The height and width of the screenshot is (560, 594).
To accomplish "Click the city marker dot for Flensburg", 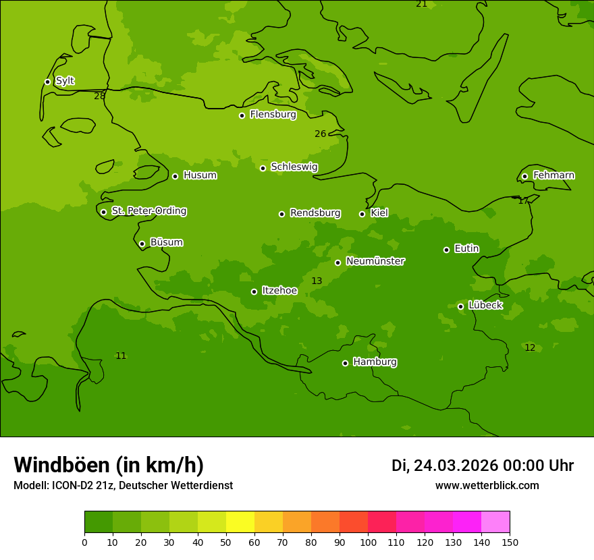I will tap(242, 115).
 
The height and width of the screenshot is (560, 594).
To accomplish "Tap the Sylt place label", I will tap(65, 81).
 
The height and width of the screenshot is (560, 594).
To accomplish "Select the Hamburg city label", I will tap(375, 362).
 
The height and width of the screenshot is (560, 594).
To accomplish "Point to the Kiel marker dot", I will tap(362, 214).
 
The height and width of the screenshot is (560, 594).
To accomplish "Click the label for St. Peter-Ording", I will tap(148, 211).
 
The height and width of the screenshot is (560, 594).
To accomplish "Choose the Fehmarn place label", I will tap(553, 175).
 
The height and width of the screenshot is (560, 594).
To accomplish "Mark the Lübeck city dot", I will tap(460, 306).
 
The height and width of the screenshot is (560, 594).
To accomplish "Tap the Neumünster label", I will tap(375, 261).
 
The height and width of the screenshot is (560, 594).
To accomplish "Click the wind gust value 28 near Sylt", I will tap(100, 96).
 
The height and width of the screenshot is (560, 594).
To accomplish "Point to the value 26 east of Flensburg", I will tap(320, 134).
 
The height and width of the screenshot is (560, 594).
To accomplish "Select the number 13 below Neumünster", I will tap(317, 281).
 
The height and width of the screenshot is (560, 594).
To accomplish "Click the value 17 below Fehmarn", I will tap(523, 201).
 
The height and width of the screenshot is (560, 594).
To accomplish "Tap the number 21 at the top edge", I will tap(422, 4).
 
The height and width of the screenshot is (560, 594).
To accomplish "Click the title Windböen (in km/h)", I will tap(109, 465).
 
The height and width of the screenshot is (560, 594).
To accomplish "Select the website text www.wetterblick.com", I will tap(487, 486).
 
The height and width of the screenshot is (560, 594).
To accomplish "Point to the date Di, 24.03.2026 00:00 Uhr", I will tap(483, 466).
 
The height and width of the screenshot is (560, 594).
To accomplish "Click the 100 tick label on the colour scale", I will tap(368, 542).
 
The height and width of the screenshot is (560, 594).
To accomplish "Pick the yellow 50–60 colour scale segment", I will tap(240, 522).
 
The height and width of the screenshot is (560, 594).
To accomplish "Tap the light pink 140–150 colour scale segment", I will tap(495, 522).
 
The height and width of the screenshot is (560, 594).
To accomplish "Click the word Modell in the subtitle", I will tap(30, 486).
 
